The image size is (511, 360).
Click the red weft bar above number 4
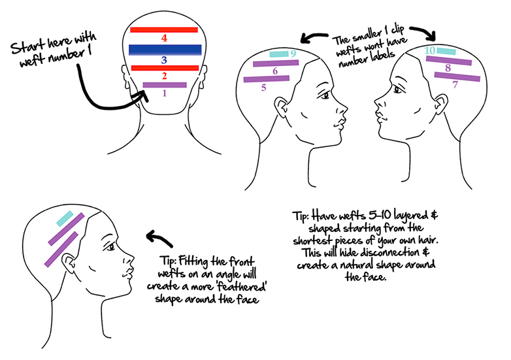(164, 29)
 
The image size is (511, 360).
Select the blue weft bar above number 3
(164, 49)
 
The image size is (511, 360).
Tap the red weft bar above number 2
(164, 67)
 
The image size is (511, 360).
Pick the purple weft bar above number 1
(165, 84)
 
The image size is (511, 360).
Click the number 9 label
(293, 54)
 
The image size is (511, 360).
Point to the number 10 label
(429, 50)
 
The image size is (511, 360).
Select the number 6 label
(276, 71)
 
